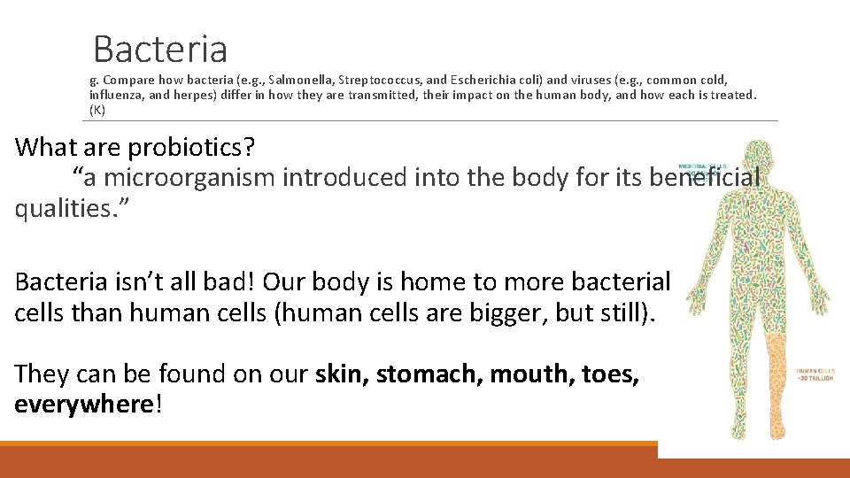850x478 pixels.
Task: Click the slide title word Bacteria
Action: (x=160, y=49)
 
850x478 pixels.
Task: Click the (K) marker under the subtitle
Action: (x=97, y=110)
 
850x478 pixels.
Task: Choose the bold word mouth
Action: (x=531, y=374)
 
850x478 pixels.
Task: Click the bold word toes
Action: (x=610, y=374)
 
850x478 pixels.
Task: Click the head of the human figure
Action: (x=758, y=158)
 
